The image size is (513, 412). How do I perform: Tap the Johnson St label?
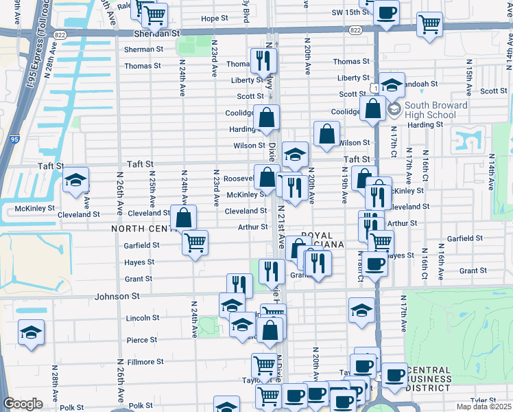tap(121, 296)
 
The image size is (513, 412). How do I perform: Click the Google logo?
tap(23, 404)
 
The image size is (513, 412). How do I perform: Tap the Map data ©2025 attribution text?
tap(484, 407)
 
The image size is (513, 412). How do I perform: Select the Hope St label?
tap(214, 19)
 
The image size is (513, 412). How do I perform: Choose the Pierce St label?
tap(142, 339)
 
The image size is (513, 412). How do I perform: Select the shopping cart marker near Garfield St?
tap(195, 242)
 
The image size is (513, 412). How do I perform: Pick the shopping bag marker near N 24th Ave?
tap(184, 218)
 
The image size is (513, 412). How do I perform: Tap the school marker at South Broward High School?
tap(392, 85)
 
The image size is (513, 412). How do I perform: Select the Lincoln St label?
tap(143, 318)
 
